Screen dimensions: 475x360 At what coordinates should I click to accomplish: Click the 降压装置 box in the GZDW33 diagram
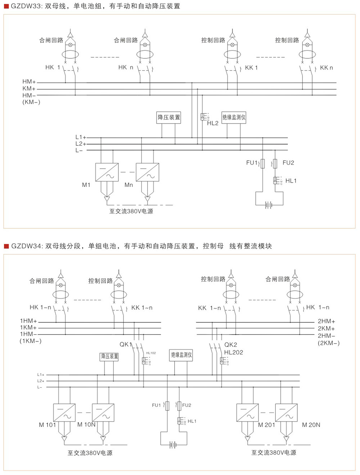(x=168, y=117)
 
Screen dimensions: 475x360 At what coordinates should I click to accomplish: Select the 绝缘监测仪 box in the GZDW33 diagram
(x=234, y=117)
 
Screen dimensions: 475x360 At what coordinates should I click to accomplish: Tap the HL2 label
(x=213, y=123)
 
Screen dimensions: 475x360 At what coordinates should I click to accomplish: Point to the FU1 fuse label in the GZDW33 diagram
(x=252, y=163)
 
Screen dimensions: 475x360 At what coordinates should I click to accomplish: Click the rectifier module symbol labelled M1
(x=107, y=172)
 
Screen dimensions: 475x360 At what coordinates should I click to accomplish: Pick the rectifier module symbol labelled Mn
(x=147, y=172)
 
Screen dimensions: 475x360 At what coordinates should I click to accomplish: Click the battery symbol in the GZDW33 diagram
(x=269, y=205)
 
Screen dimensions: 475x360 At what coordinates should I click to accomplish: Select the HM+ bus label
(x=29, y=82)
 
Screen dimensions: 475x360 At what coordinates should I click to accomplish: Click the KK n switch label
(x=326, y=68)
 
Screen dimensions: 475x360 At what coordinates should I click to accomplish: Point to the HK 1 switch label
(x=53, y=67)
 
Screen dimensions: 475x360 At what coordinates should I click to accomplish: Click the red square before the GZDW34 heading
(x=6, y=246)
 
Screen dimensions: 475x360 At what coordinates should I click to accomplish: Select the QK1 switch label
(x=126, y=344)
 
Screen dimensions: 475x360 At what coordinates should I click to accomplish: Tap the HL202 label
(x=233, y=352)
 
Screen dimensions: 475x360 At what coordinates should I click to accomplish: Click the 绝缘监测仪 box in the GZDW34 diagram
(x=181, y=355)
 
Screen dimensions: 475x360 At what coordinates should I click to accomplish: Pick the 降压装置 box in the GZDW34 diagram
(x=109, y=357)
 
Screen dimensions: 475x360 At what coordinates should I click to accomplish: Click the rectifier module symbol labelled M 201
(x=247, y=413)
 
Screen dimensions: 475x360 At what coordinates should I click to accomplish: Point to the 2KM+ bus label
(x=326, y=328)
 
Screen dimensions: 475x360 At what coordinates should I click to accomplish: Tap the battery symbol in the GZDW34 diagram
(x=173, y=445)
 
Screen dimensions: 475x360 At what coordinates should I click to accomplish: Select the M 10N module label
(x=86, y=425)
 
